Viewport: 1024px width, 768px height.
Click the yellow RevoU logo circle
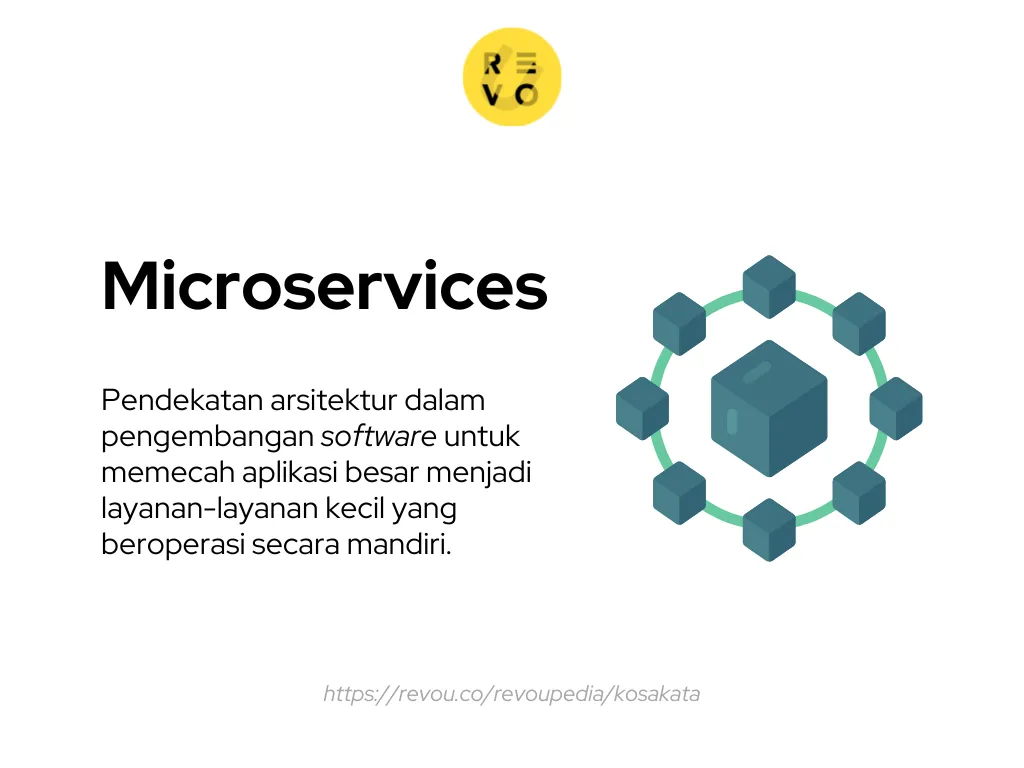tap(511, 77)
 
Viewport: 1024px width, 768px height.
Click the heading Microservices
tap(324, 286)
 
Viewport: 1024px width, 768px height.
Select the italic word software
tap(378, 437)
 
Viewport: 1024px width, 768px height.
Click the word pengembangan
tap(207, 437)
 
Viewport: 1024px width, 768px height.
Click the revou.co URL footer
tap(511, 694)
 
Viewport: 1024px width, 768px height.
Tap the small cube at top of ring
tap(769, 286)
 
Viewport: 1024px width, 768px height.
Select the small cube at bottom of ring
tap(769, 529)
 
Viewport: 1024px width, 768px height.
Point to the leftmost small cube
tap(642, 408)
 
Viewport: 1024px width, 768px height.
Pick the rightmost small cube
tap(896, 408)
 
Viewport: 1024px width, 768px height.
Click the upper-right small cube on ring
tap(859, 323)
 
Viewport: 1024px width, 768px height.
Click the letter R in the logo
tap(493, 63)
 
